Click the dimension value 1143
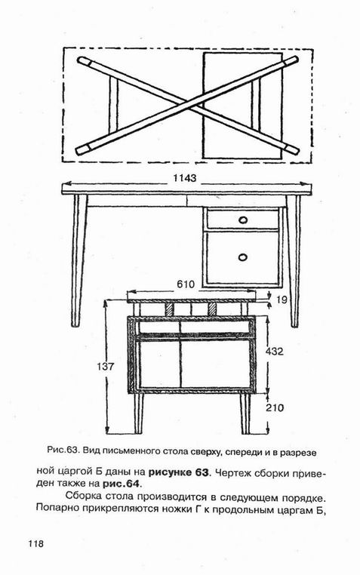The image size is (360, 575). [x=185, y=178]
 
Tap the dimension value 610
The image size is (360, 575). [x=186, y=284]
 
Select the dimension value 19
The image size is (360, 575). [x=282, y=300]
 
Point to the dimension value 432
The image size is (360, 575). [x=274, y=352]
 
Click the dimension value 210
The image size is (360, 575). [x=274, y=407]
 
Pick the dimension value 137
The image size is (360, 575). [x=106, y=366]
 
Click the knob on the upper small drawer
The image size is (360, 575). [x=243, y=220]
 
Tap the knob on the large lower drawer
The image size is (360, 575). [x=243, y=257]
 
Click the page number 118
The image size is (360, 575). [x=35, y=543]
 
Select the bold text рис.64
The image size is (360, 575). [x=121, y=484]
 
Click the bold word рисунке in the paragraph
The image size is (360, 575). [x=170, y=472]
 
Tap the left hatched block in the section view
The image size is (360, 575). [x=170, y=309]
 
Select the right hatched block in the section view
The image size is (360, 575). [x=212, y=309]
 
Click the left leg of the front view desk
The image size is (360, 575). [x=78, y=260]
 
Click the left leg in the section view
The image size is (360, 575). [x=139, y=414]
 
